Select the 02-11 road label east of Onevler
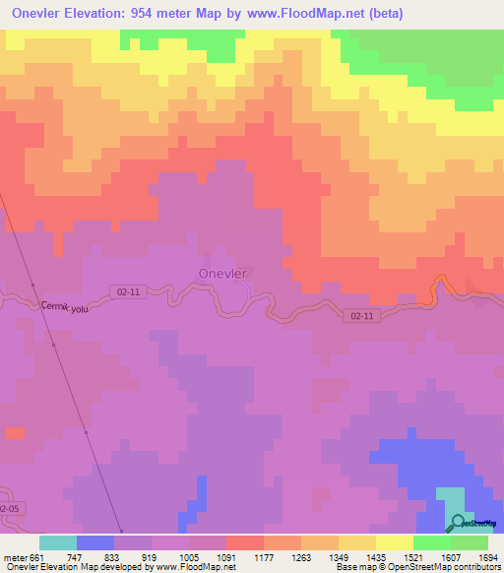click(361, 316)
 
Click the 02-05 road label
click(9, 507)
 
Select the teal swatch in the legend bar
click(58, 542)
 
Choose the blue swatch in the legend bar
click(95, 542)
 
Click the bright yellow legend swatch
click(394, 542)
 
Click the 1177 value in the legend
click(265, 557)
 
